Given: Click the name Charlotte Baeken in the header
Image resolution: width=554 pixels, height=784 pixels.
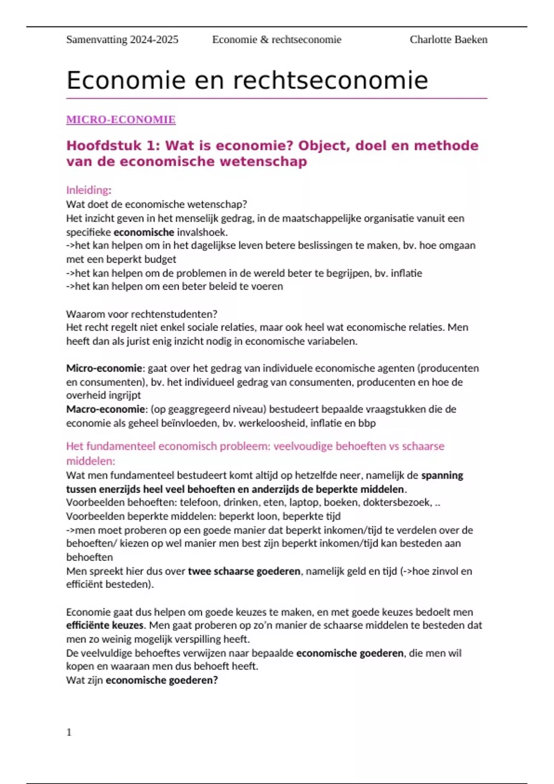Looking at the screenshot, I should [x=448, y=40].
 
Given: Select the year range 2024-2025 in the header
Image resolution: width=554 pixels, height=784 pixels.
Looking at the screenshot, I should [x=154, y=40].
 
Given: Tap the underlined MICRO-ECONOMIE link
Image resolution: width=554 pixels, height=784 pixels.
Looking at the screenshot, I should [x=121, y=119].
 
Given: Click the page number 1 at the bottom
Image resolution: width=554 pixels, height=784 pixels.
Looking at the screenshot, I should [x=69, y=732].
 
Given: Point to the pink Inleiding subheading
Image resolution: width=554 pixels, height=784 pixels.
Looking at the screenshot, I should [x=88, y=190].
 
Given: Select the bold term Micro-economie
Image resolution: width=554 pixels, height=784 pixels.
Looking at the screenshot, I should [x=104, y=368].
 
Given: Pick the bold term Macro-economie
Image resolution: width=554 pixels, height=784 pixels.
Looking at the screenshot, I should [x=105, y=409].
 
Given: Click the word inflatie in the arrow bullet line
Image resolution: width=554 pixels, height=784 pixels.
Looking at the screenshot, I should [x=406, y=273].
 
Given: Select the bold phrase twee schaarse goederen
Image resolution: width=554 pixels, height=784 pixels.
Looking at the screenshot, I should [x=244, y=571].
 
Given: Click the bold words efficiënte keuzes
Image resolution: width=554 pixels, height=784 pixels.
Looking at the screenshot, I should [x=105, y=625].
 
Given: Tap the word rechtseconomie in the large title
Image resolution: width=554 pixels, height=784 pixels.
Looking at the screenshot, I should [x=330, y=80].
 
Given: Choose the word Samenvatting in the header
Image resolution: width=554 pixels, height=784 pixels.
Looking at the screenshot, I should [x=96, y=40].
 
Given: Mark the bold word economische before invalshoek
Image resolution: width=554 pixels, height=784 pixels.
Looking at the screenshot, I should [x=144, y=232].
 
